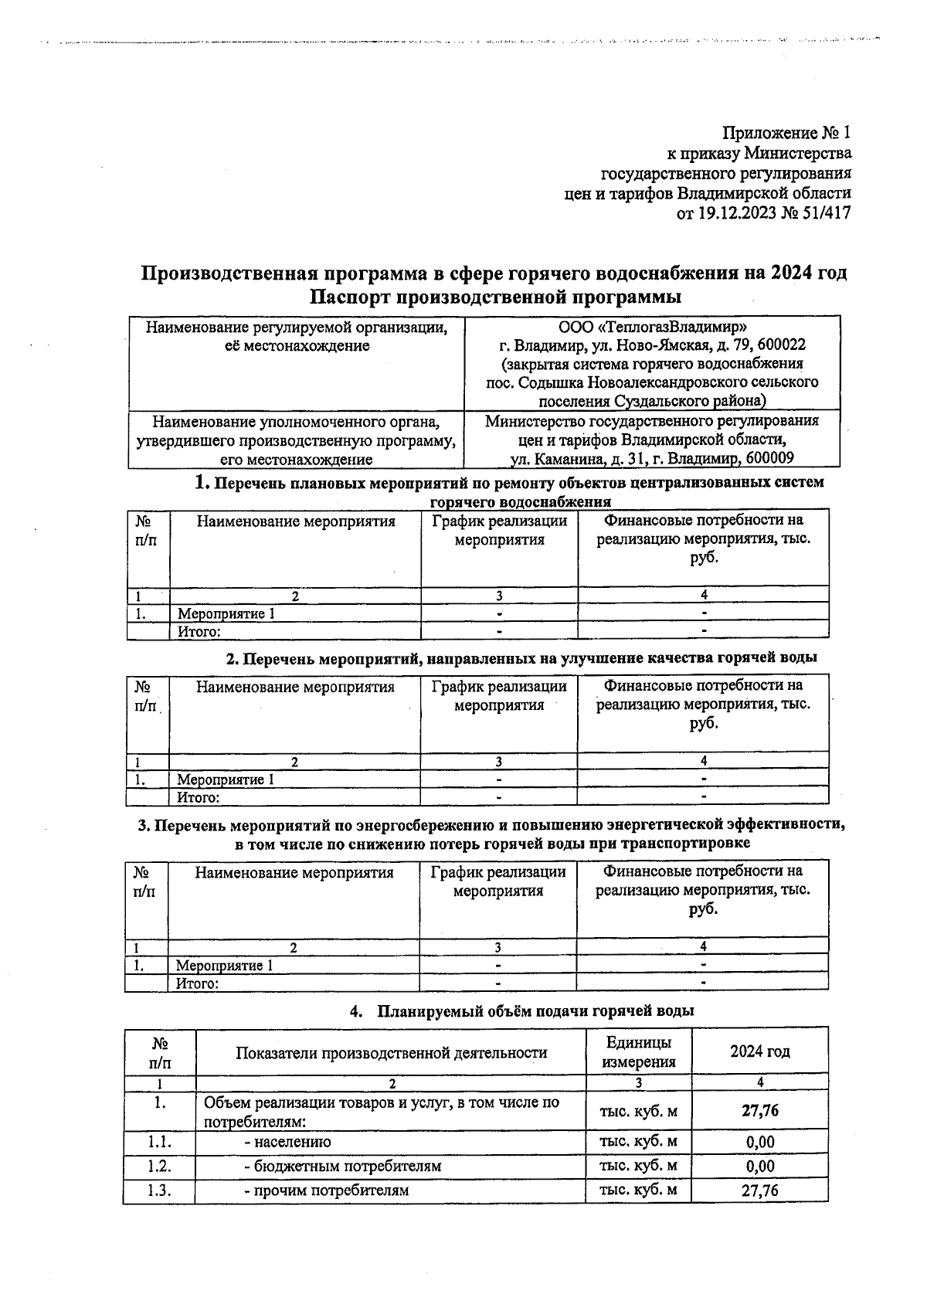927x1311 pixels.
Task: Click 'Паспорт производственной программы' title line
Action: [494, 297]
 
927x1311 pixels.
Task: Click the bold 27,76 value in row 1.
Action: [759, 1111]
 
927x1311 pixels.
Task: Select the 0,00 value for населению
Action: [759, 1142]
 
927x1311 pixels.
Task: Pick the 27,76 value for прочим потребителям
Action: [759, 1190]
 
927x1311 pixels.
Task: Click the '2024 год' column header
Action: [759, 1051]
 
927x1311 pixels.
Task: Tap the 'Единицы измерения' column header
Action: [638, 1051]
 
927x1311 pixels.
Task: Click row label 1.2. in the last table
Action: [159, 1166]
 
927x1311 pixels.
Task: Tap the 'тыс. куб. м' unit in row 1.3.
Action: [638, 1190]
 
